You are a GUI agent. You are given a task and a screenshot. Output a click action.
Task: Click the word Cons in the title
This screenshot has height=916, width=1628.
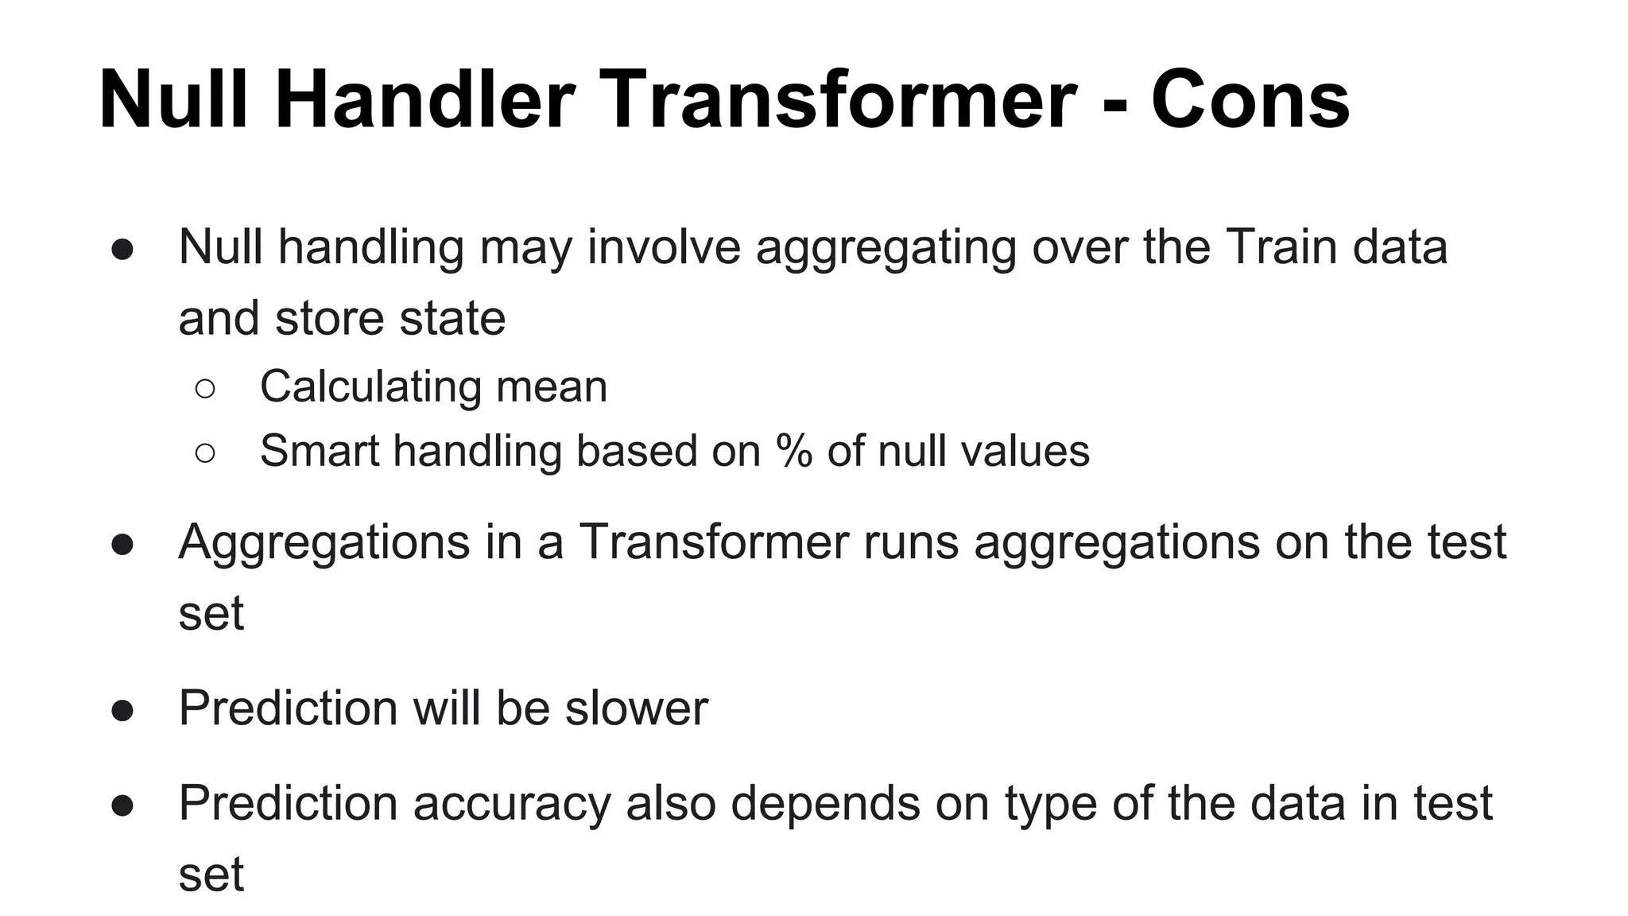[x=1250, y=100]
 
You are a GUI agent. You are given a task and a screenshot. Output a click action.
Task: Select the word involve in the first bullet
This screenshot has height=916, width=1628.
[x=664, y=246]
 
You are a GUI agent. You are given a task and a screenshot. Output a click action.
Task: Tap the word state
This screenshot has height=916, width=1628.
[x=452, y=318]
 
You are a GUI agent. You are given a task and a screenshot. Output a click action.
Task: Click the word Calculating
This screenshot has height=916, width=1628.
[x=370, y=387]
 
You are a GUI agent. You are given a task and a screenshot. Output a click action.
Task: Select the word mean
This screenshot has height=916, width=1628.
[x=552, y=387]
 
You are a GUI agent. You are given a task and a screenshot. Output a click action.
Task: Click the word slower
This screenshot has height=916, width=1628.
[x=636, y=708]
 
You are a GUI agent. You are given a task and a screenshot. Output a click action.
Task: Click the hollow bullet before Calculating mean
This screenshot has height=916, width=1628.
[x=204, y=388]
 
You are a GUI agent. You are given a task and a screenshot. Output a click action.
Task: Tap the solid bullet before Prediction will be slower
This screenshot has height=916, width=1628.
[x=122, y=709]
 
